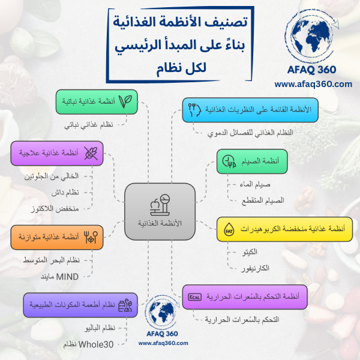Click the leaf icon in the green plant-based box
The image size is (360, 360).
[x=125, y=101]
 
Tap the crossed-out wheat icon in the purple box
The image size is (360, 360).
[x=91, y=153]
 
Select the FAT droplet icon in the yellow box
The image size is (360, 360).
[x=229, y=229]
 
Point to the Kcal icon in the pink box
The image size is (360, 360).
[x=194, y=297]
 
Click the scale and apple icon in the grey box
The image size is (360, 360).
[x=160, y=205]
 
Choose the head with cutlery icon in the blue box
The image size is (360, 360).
[x=194, y=110]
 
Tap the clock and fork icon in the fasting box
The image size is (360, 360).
[x=229, y=161]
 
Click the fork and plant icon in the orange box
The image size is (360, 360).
[x=91, y=237]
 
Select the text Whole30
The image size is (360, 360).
[x=96, y=344]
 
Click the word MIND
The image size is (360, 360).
[x=67, y=277]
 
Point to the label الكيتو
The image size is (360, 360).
[x=250, y=252]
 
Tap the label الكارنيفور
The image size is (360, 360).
[x=255, y=268]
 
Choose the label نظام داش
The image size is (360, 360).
[x=65, y=192]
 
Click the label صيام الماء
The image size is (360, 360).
[x=255, y=184]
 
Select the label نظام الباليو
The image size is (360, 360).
[x=100, y=328]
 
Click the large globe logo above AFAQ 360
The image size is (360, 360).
[x=312, y=36]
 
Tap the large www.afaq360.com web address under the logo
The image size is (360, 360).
[x=313, y=84]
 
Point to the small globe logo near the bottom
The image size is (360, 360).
[x=163, y=312]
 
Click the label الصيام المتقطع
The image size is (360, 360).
[x=263, y=200]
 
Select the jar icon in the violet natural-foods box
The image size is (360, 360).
[x=125, y=305]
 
